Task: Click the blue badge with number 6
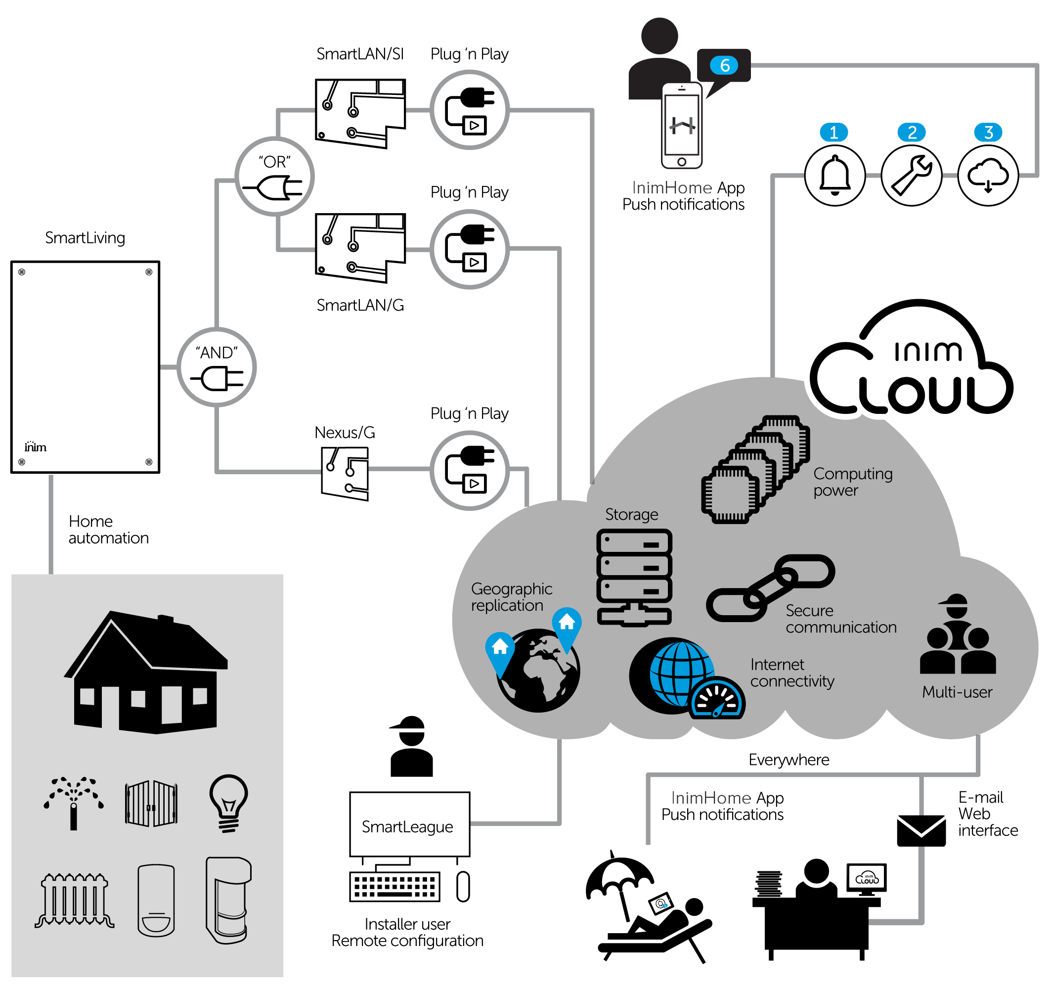pyautogui.click(x=723, y=65)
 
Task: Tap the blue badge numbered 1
pyautogui.click(x=833, y=133)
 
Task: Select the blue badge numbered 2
pyautogui.click(x=911, y=133)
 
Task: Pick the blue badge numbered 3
pyautogui.click(x=988, y=133)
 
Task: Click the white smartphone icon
pyautogui.click(x=682, y=126)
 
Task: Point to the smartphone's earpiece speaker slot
pyautogui.click(x=682, y=90)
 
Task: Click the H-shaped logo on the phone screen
pyautogui.click(x=682, y=126)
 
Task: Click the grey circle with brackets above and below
pyautogui.click(x=275, y=176)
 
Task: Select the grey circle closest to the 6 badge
pyautogui.click(x=470, y=110)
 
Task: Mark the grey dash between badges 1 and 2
pyautogui.click(x=873, y=175)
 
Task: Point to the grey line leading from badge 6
pyautogui.click(x=894, y=65)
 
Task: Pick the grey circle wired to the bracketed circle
pyautogui.click(x=217, y=367)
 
